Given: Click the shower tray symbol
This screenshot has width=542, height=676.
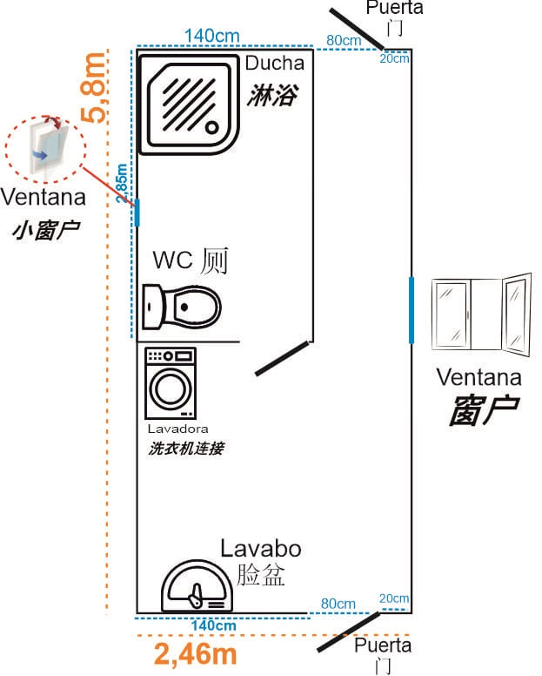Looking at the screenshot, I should click(x=191, y=105).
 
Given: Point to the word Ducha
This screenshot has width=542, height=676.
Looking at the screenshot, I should click(x=274, y=64).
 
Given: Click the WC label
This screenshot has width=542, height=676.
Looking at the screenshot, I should click(x=171, y=260).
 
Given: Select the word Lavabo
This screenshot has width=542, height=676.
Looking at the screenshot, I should click(x=260, y=549).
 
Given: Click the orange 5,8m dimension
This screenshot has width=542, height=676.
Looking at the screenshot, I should click(x=94, y=87).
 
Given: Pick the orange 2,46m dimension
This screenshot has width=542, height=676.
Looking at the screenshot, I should click(x=196, y=654).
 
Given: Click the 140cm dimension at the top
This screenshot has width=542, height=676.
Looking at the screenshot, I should click(x=212, y=36).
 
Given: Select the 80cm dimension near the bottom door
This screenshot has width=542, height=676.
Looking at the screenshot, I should click(x=338, y=604).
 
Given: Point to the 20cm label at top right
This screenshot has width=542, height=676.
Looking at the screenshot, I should click(x=393, y=58).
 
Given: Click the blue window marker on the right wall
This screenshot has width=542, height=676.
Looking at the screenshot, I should click(x=411, y=310).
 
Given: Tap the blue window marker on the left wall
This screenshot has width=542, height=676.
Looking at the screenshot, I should click(x=137, y=213).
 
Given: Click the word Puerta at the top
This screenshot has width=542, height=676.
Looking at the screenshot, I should click(x=394, y=8).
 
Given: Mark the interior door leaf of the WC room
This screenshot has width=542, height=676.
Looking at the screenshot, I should click(x=282, y=359).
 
